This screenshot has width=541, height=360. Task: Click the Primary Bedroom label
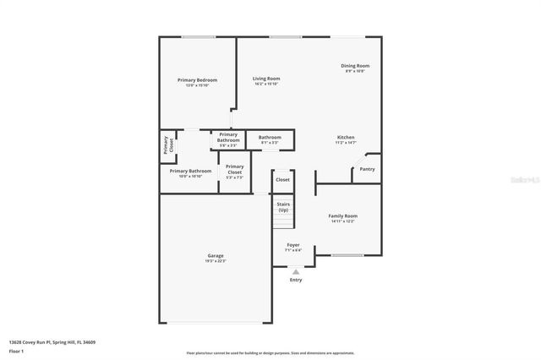(197, 80)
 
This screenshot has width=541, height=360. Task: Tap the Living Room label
(266, 79)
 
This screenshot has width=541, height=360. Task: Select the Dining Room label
(355, 66)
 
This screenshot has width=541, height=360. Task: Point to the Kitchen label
(346, 138)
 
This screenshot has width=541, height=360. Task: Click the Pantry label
(367, 169)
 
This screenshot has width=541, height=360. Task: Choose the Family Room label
(342, 216)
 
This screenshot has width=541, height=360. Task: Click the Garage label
(216, 255)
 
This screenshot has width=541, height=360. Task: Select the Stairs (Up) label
(283, 207)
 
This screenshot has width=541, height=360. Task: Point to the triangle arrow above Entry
(295, 271)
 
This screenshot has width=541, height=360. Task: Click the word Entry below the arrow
(295, 280)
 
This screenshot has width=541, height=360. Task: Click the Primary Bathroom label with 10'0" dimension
(190, 172)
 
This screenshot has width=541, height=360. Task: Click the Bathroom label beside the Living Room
(270, 137)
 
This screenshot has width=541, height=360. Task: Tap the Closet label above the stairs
(282, 180)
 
